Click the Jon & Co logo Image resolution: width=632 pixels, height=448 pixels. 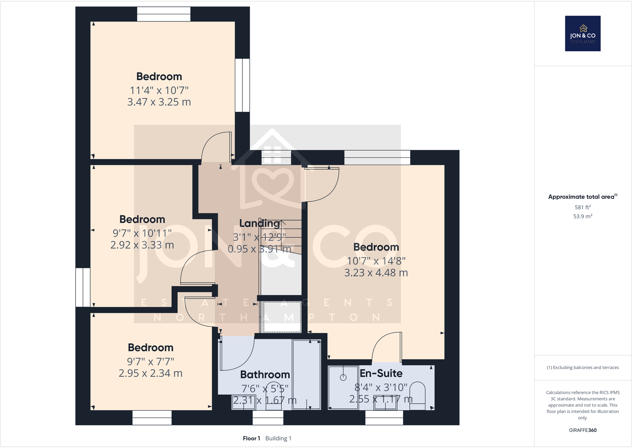click(x=583, y=33)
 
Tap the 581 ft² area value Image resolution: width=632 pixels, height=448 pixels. click(x=583, y=207)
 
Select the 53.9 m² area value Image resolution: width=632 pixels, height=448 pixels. click(x=583, y=216)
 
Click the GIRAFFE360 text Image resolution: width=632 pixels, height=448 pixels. click(x=583, y=430)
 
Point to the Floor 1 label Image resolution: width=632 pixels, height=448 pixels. click(x=251, y=438)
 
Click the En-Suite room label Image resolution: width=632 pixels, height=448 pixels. click(x=381, y=373)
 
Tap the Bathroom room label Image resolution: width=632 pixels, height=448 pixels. click(x=265, y=374)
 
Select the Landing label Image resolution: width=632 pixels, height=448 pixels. click(x=259, y=223)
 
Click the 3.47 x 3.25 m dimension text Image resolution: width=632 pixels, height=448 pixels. click(x=159, y=102)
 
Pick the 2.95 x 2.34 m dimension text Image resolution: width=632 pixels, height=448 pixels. click(x=150, y=373)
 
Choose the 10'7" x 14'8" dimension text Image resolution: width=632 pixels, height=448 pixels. click(x=376, y=261)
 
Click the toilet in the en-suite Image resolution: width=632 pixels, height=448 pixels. click(x=417, y=396)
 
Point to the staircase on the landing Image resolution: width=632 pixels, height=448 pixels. click(x=280, y=254)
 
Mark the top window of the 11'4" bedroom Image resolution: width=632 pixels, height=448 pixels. click(x=164, y=14)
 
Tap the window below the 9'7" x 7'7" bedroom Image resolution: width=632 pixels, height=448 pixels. click(x=152, y=418)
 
